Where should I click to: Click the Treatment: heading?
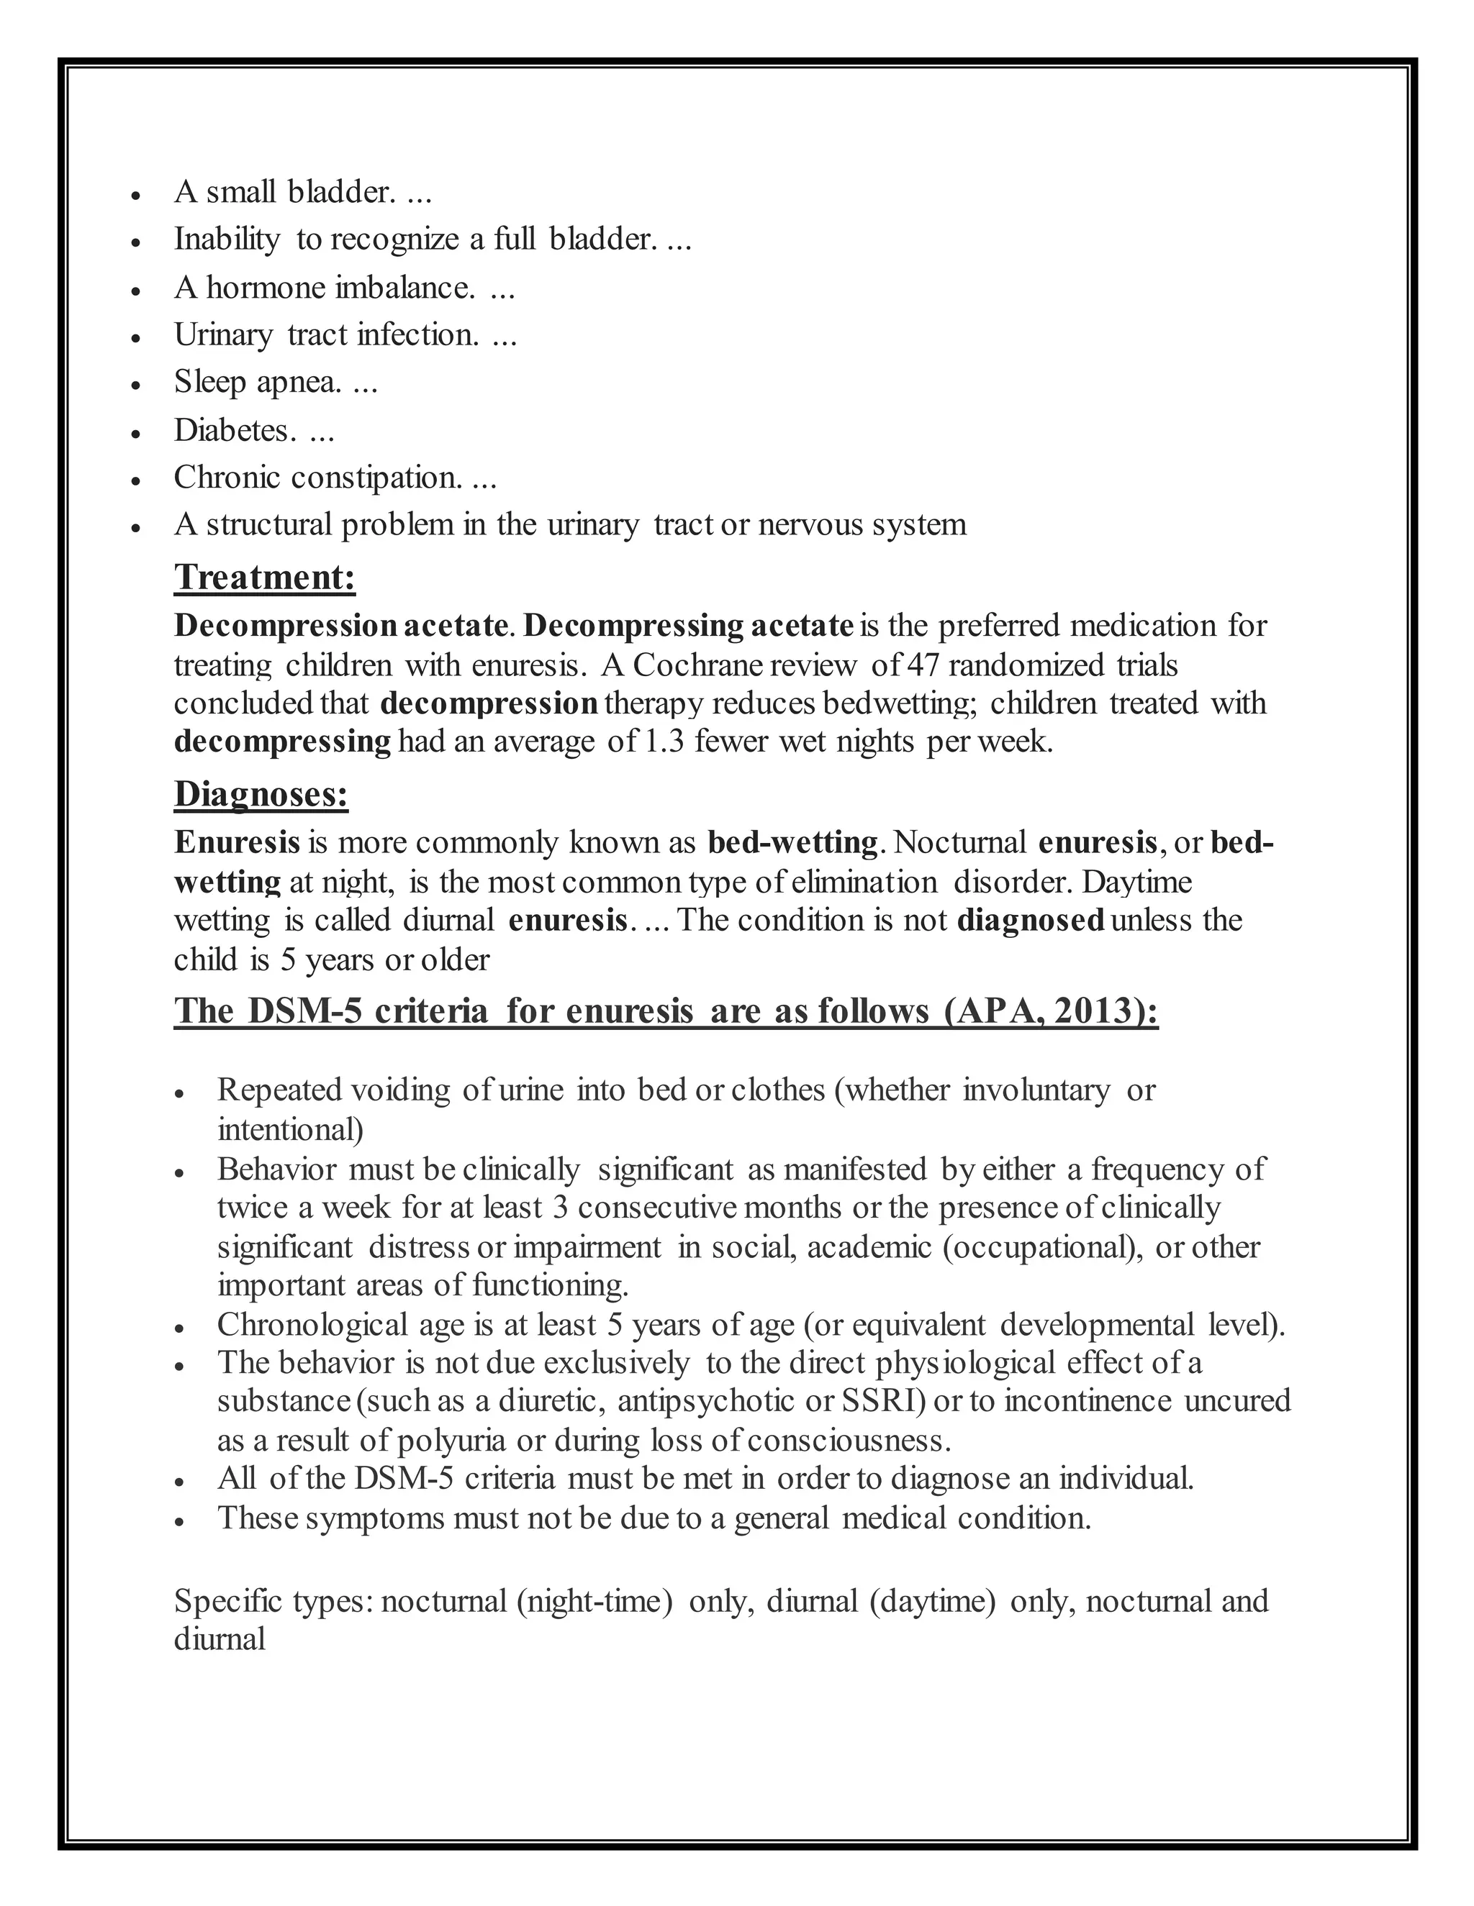[x=265, y=578]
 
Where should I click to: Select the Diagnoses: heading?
[x=261, y=794]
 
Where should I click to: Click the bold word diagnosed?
[x=1031, y=921]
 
